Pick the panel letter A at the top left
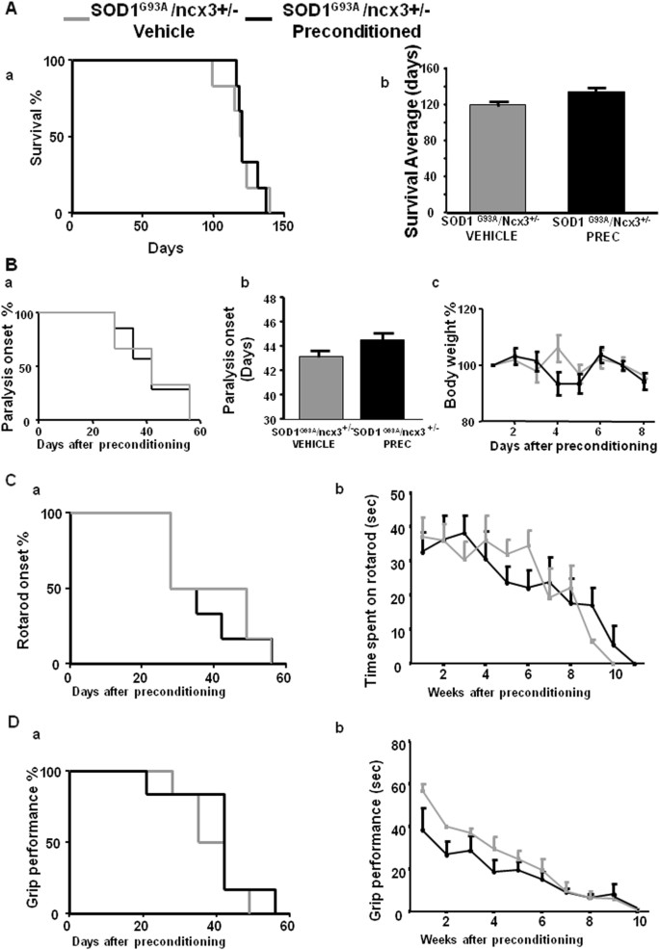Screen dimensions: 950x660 (10, 9)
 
